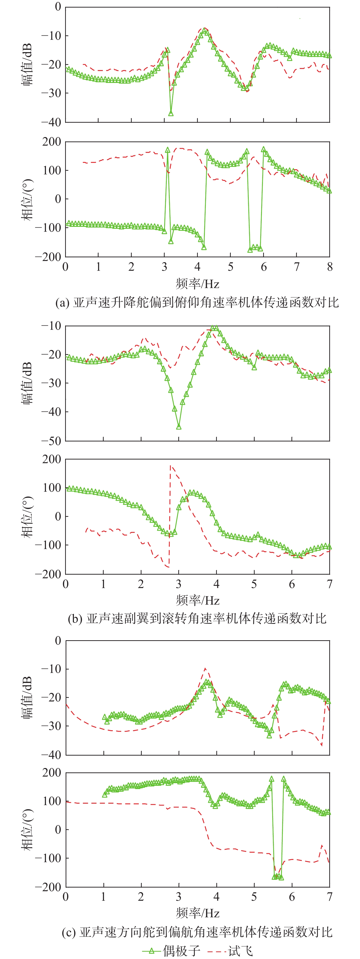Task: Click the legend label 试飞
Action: click(240, 950)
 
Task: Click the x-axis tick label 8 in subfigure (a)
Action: click(330, 267)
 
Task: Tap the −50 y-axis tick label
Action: click(51, 441)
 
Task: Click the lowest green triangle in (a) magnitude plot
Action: click(171, 113)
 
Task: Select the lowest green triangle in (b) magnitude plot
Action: click(179, 427)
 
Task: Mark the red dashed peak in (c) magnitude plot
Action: click(205, 668)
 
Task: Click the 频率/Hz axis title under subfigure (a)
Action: click(197, 284)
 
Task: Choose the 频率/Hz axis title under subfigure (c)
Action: click(197, 913)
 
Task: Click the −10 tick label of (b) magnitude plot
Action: click(51, 326)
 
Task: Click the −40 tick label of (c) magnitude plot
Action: click(51, 755)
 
